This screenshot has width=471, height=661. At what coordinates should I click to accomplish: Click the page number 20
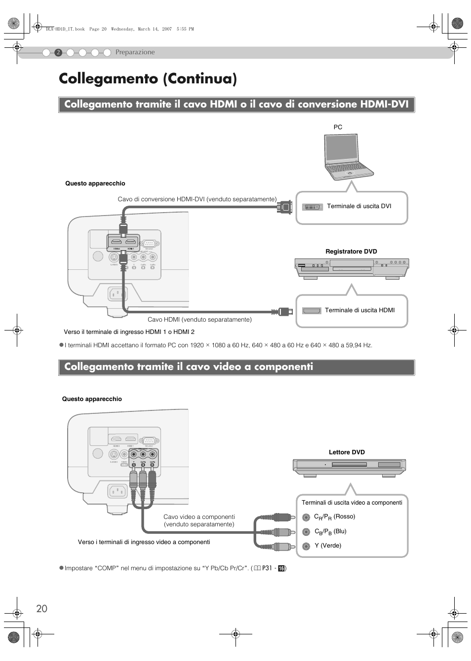tap(41, 608)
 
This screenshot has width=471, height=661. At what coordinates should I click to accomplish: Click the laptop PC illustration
tap(349, 156)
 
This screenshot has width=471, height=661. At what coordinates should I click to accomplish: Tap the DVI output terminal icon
tap(312, 207)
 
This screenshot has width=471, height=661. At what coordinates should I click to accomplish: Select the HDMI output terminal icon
tap(312, 311)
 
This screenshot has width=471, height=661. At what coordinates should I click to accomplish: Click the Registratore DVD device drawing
tap(352, 269)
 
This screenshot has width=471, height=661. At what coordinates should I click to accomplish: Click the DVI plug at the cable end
tap(285, 207)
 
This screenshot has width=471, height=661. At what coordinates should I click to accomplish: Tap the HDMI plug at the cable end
tap(282, 311)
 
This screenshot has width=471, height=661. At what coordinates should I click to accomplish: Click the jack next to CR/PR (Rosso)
tap(306, 517)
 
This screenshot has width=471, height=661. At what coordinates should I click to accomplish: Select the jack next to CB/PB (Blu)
tap(306, 532)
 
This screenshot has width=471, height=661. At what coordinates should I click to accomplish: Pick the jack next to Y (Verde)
tap(306, 546)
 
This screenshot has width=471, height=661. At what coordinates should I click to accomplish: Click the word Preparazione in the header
tap(135, 52)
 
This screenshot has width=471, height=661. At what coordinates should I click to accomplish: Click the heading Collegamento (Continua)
tap(147, 79)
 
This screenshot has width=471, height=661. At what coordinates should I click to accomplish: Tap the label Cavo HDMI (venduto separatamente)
tap(199, 320)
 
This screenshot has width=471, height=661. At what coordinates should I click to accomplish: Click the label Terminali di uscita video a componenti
tap(352, 503)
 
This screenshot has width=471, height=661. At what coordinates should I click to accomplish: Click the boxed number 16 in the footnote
tap(281, 568)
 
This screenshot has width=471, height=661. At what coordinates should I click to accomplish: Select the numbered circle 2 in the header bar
tap(58, 52)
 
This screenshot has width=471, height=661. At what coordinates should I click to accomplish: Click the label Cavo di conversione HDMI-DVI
tap(197, 199)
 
